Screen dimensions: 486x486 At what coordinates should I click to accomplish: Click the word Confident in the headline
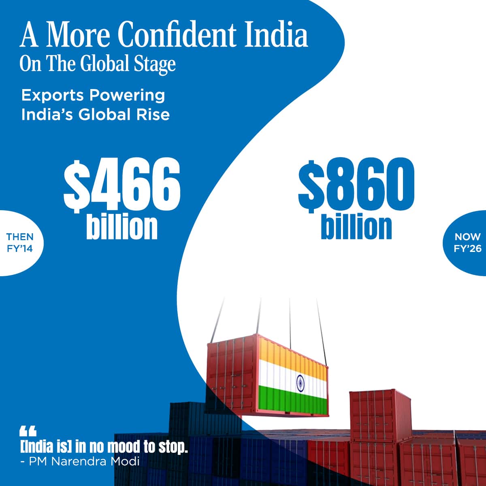tap(177, 34)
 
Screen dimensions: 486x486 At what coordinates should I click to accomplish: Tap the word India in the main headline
tap(276, 34)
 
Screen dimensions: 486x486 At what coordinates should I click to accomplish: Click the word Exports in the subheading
tap(53, 96)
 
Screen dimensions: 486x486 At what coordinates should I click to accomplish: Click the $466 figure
tap(122, 185)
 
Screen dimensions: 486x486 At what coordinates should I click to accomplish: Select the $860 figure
tap(356, 185)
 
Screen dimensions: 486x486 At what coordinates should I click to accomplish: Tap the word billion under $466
tap(122, 226)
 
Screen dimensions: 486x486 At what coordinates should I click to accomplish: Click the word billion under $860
tap(356, 226)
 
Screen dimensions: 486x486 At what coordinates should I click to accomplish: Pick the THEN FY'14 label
tap(20, 243)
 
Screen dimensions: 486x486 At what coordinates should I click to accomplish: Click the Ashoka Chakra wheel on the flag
tap(300, 383)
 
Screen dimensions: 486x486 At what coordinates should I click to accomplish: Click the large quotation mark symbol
tap(28, 431)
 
